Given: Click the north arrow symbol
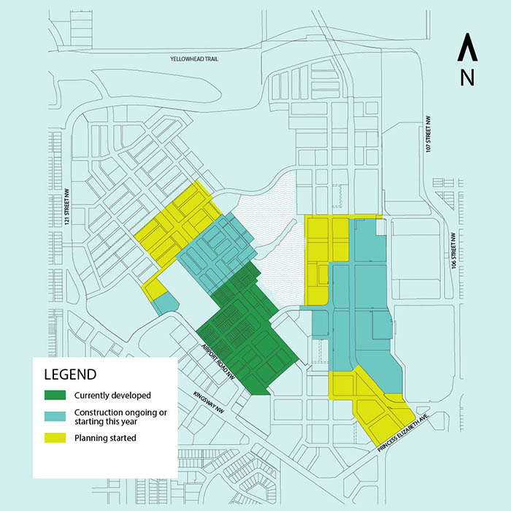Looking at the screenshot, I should coord(467,50).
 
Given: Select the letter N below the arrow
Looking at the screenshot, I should coord(467,77).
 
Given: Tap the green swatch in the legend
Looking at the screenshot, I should coord(55,396).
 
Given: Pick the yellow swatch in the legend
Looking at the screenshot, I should coord(55,438).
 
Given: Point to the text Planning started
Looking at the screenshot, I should coord(106,438).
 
